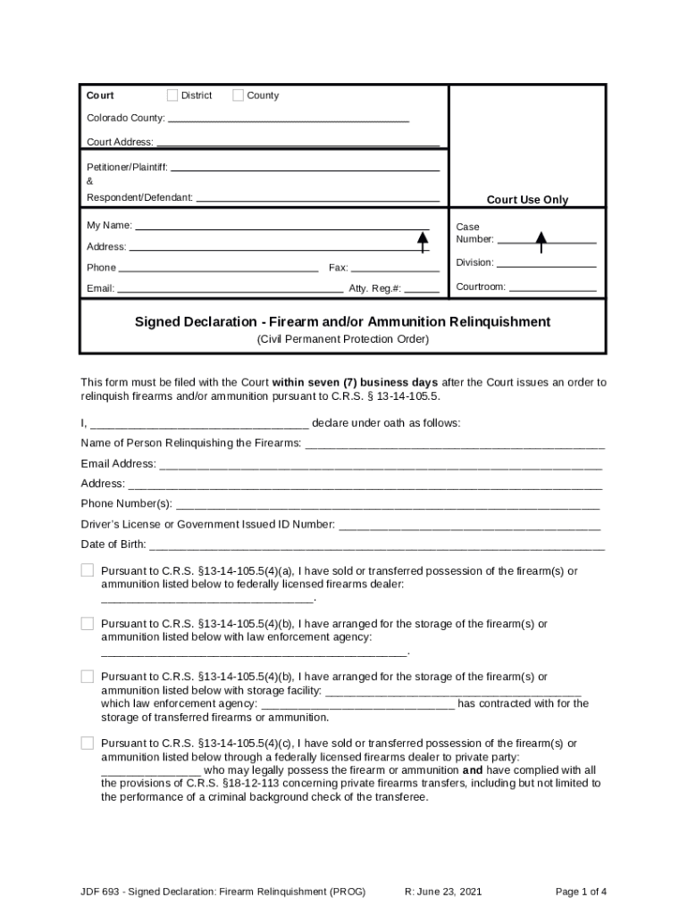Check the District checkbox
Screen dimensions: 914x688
point(173,96)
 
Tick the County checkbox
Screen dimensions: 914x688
point(239,96)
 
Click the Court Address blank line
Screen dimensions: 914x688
point(298,144)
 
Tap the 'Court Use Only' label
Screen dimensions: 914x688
point(526,200)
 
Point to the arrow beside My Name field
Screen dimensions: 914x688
point(423,240)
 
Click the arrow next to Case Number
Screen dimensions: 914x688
point(541,240)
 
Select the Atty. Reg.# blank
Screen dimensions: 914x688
point(422,291)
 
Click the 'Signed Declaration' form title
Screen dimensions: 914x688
point(342,321)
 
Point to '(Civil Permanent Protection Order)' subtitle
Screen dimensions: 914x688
point(343,339)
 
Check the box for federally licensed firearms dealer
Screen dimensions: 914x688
point(88,570)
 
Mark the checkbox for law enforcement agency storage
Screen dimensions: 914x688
point(88,623)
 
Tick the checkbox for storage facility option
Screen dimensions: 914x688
point(88,677)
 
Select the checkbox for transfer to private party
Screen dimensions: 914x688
point(88,743)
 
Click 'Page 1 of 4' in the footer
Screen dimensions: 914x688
point(581,892)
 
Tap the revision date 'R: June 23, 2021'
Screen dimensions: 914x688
point(443,892)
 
